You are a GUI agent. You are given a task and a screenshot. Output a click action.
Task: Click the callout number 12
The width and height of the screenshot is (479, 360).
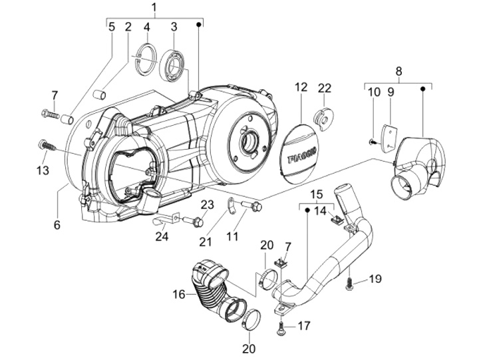coord(301,87)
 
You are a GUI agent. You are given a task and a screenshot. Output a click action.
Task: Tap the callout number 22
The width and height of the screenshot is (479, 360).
coord(324,87)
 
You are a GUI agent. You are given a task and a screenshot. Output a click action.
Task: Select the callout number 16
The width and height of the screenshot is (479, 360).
coord(179,293)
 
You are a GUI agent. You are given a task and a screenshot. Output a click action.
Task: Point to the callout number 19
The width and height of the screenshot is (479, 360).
coord(375,279)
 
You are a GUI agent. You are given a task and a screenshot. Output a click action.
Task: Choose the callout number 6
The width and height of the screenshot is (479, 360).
coord(57,225)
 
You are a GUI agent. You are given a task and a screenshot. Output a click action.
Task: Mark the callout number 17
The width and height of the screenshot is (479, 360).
coord(303,327)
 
